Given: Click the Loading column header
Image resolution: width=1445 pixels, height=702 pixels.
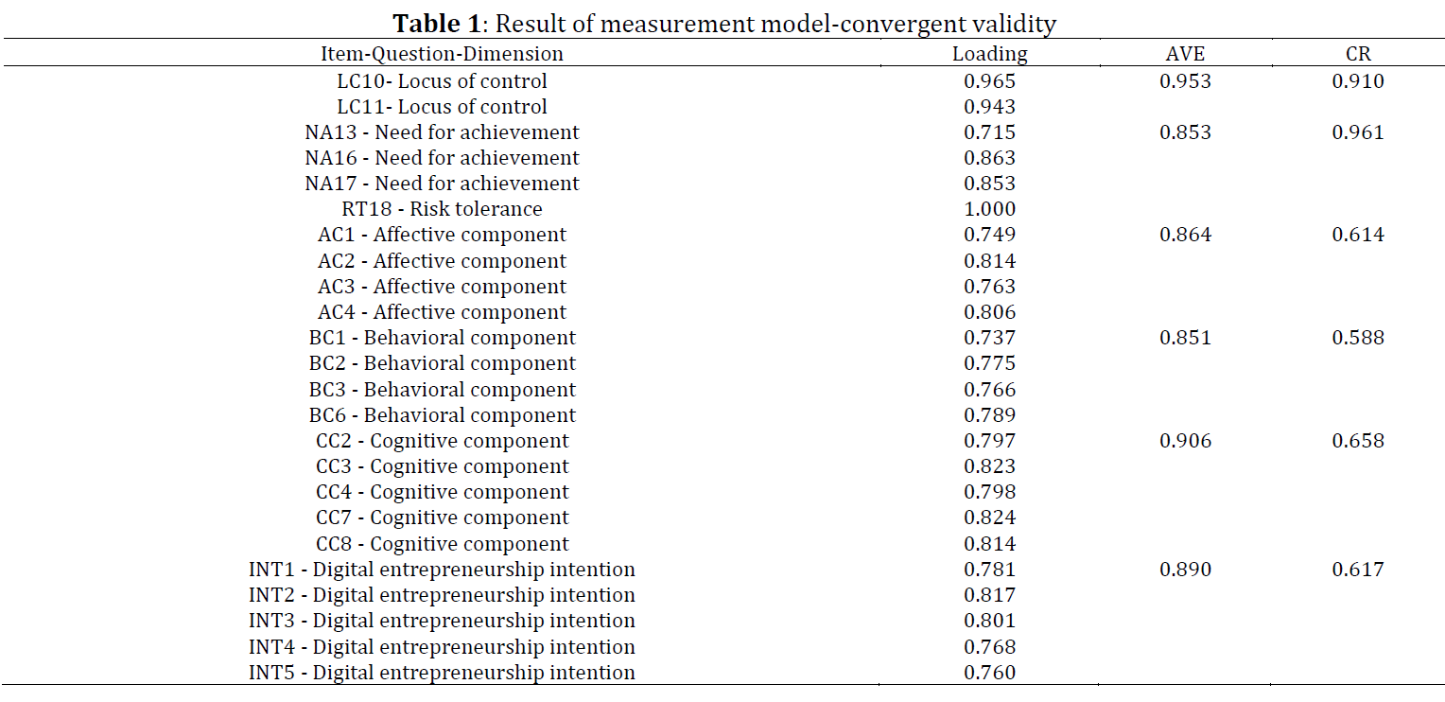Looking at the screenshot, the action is coord(989,54).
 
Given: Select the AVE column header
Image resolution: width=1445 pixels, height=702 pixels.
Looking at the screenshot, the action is coord(1185,54).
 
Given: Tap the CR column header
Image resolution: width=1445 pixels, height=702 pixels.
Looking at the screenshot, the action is coord(1358,54).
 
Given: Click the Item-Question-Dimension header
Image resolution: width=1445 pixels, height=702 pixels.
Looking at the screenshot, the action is coord(442,54).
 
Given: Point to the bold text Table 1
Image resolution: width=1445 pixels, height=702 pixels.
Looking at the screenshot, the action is coord(437,24).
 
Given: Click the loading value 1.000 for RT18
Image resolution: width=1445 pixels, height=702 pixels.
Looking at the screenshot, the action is coord(989,209).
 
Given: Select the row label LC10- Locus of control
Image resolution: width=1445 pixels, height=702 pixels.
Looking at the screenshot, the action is coord(442,81).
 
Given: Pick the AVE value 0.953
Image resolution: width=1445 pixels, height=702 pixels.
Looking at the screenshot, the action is coord(1185,81).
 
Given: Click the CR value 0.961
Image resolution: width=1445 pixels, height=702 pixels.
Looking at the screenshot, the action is coord(1358,132).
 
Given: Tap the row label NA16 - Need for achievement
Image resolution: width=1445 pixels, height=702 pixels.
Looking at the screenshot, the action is coord(442,158).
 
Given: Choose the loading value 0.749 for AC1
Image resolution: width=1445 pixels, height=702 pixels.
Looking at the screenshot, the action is coord(989,235).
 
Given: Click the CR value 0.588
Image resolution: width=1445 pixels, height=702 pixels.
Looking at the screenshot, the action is coord(1358,338).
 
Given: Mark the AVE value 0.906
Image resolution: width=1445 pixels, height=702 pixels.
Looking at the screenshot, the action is coord(1185,441).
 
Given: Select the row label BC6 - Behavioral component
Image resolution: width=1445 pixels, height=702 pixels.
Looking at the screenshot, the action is coord(442,415).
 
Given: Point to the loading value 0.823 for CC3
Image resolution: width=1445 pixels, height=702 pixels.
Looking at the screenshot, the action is coord(989,466).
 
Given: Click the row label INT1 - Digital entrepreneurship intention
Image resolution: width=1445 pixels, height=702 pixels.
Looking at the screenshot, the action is coord(442,570).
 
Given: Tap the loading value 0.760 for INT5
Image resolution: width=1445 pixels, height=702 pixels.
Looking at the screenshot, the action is coord(989,673).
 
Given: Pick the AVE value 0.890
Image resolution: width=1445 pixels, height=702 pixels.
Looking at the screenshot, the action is coord(1185,570).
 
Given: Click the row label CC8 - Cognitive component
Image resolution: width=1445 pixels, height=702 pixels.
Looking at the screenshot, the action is coord(442,545).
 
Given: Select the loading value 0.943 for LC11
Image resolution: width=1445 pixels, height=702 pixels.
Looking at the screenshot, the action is coord(989,107).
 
